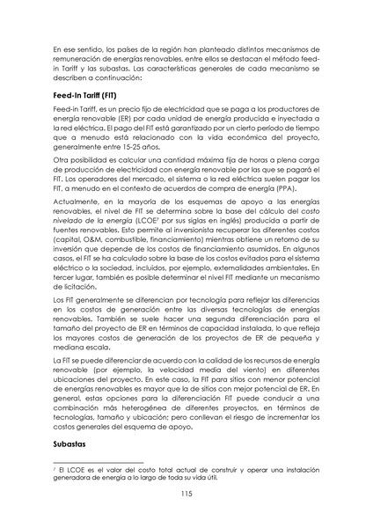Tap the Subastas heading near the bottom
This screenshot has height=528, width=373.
72,445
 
